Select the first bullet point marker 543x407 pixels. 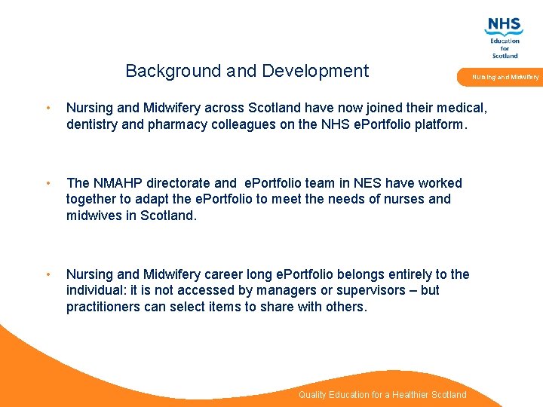pyautogui.click(x=48, y=108)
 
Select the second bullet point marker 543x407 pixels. pyautogui.click(x=48, y=183)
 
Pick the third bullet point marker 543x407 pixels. pyautogui.click(x=48, y=274)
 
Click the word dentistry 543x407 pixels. pyautogui.click(x=92, y=124)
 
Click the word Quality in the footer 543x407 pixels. pyautogui.click(x=313, y=395)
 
